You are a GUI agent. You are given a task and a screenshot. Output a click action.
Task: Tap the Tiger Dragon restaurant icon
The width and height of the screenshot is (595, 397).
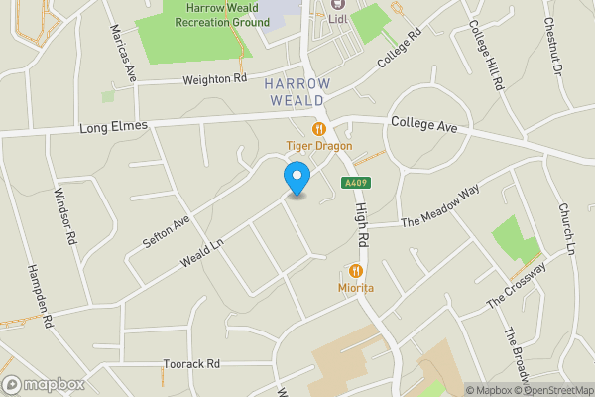coord(319,128)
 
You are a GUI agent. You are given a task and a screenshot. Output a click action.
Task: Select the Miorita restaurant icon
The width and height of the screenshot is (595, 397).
coord(356,270)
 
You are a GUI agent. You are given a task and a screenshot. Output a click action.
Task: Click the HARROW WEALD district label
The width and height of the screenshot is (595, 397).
coord(297,92)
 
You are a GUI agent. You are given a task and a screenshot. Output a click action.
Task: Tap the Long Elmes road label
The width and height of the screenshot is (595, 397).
coord(113,126)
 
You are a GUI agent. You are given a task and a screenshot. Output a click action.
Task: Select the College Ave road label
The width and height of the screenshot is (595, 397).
coord(423,125)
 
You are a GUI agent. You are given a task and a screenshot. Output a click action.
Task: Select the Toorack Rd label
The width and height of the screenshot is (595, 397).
coord(192,364)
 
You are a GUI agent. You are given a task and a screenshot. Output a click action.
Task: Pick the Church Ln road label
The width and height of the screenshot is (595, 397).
coord(567,227)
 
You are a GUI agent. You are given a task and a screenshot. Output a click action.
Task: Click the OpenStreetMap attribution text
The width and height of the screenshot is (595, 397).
coord(555,390)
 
